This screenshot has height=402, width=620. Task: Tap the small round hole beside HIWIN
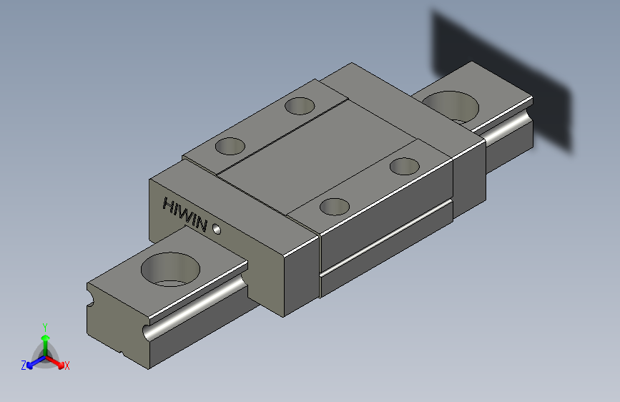(x=217, y=229)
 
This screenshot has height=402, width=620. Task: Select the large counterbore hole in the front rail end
(x=170, y=269)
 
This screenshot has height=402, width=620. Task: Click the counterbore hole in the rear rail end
(x=451, y=107)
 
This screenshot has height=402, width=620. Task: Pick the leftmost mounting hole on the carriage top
(x=230, y=146)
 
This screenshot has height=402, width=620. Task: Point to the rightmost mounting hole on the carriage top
(x=405, y=166)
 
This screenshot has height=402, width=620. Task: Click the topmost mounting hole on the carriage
(x=300, y=106)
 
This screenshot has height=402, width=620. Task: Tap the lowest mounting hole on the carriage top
(x=335, y=207)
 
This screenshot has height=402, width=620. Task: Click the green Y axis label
(x=45, y=328)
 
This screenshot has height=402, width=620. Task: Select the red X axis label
(x=67, y=366)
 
